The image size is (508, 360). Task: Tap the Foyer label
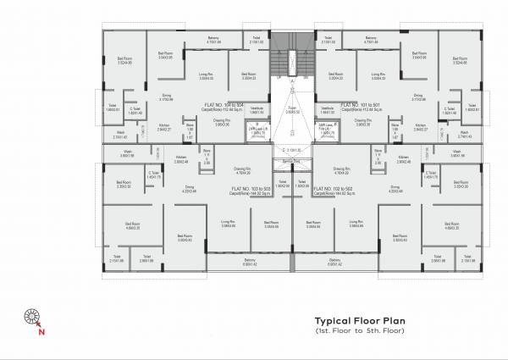click(293, 109)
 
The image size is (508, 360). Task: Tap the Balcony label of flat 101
click(369, 39)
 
